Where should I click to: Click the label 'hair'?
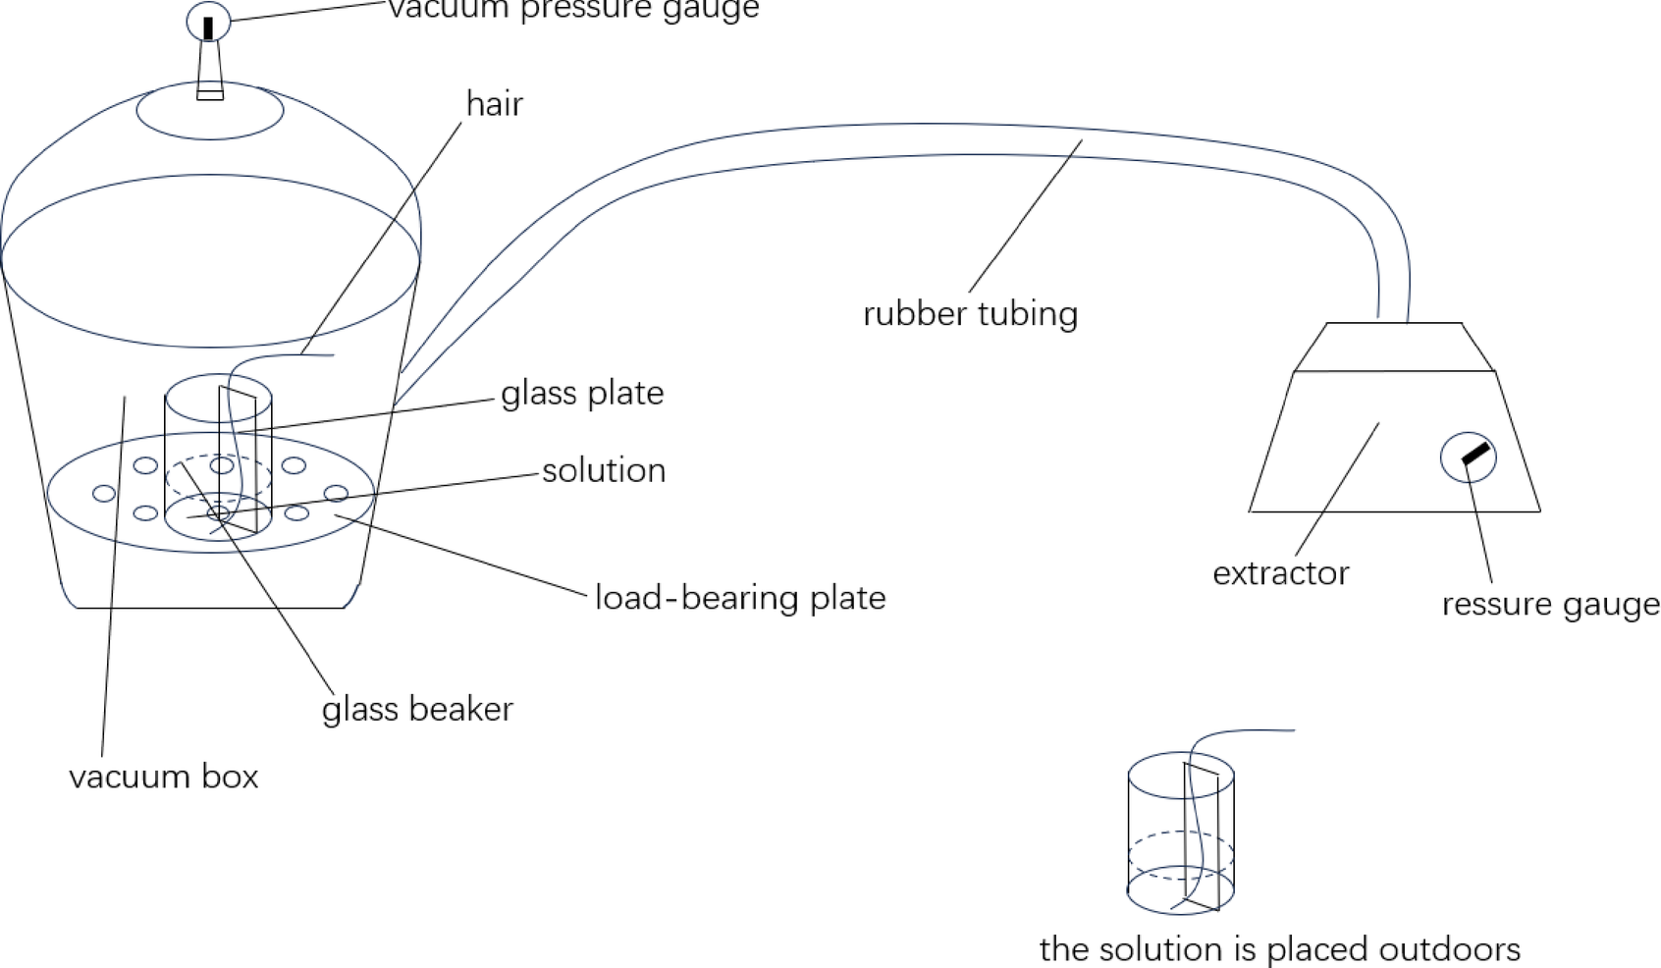click(x=494, y=104)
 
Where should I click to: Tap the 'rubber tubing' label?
click(x=970, y=314)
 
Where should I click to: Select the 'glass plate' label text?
click(x=582, y=394)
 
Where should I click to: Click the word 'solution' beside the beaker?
click(x=604, y=471)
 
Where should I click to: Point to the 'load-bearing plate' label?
click(x=740, y=598)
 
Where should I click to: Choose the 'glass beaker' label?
click(x=417, y=710)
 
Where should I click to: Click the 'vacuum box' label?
click(x=164, y=778)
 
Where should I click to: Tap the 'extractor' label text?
click(x=1280, y=573)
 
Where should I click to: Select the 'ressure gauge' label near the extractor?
click(x=1550, y=605)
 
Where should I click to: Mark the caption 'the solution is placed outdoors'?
click(x=1279, y=949)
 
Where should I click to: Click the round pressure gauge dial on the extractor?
click(x=1468, y=457)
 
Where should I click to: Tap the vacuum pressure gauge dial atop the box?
click(x=208, y=22)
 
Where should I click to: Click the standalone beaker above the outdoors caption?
click(x=1180, y=834)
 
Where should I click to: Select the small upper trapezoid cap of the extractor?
click(x=1394, y=348)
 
